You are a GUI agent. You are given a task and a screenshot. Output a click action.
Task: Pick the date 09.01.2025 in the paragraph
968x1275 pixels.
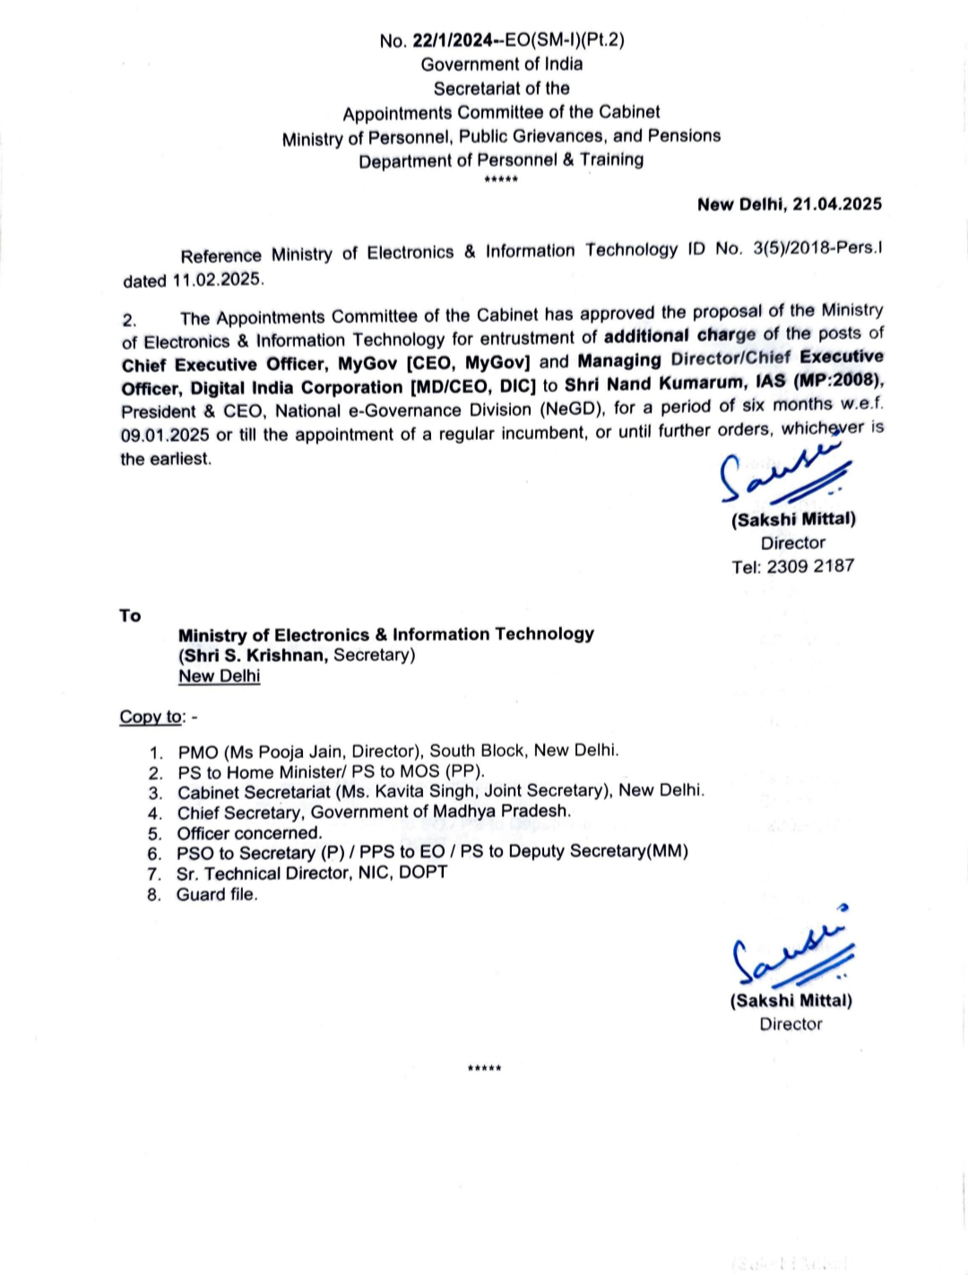pyautogui.click(x=165, y=435)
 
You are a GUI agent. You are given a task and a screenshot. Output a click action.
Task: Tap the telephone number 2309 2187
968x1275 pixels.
pyautogui.click(x=810, y=566)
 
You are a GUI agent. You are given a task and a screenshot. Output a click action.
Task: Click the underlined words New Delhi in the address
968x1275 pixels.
pyautogui.click(x=219, y=676)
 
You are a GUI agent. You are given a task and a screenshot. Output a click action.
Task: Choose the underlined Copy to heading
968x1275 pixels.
pyautogui.click(x=151, y=717)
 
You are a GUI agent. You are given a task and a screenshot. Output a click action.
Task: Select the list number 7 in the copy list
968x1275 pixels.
pyautogui.click(x=154, y=874)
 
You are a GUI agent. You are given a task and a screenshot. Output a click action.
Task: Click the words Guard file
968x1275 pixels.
pyautogui.click(x=217, y=894)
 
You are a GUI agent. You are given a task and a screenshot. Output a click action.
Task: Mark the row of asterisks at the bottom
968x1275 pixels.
pyautogui.click(x=484, y=1069)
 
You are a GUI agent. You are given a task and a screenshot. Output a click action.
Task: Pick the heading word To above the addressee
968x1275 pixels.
pyautogui.click(x=130, y=616)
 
